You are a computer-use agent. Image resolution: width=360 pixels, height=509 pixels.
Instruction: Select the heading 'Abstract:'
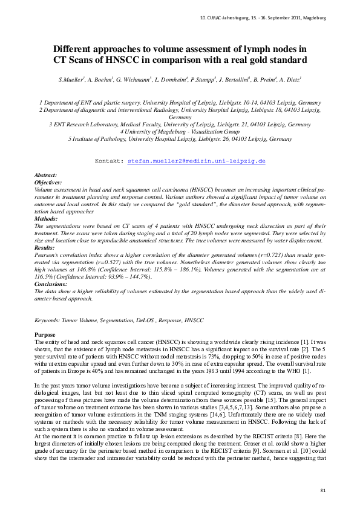coord(47,175)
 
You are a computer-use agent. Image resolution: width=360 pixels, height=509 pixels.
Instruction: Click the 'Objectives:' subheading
coord(49,181)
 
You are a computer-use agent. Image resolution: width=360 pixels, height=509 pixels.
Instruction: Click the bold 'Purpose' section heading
coord(45,335)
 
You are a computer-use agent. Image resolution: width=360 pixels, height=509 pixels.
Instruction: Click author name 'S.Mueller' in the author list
coord(71,80)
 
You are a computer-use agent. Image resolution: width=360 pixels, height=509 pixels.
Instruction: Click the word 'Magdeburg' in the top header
coord(313,18)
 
